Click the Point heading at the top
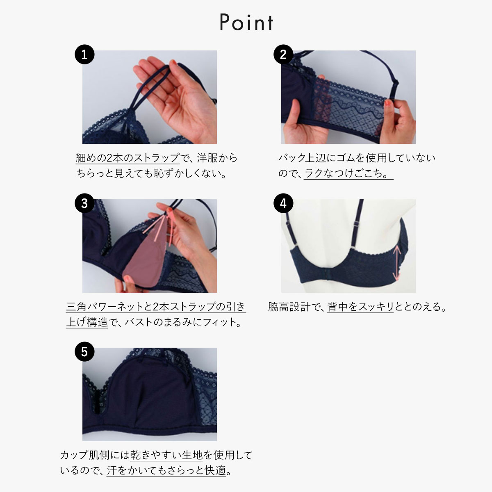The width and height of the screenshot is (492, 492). click(246, 23)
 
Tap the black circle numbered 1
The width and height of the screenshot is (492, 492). click(84, 55)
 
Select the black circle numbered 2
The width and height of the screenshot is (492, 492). click(283, 55)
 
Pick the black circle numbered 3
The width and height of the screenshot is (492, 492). click(84, 203)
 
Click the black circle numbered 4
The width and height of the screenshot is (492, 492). click(283, 203)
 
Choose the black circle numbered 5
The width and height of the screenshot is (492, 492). click(84, 352)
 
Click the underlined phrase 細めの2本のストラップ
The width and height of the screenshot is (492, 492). click(128, 158)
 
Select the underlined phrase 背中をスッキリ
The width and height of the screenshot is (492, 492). click(360, 307)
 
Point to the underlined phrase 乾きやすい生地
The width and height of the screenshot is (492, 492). click(166, 455)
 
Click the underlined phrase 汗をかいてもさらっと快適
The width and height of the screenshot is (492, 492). click(166, 470)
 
